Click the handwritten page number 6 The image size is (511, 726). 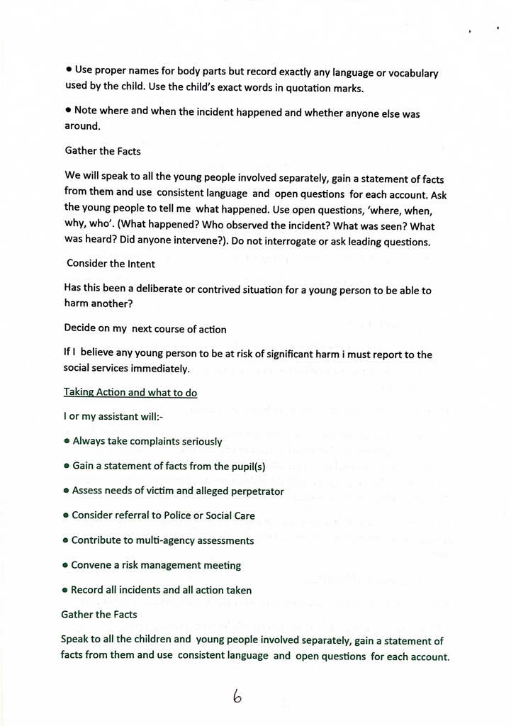pos(237,697)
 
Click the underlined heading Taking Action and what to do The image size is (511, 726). pos(130,392)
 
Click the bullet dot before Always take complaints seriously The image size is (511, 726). pos(67,442)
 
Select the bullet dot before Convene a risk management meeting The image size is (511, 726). pos(66,566)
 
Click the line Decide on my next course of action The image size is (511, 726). pos(145,329)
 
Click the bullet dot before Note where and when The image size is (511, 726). pos(69,111)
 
